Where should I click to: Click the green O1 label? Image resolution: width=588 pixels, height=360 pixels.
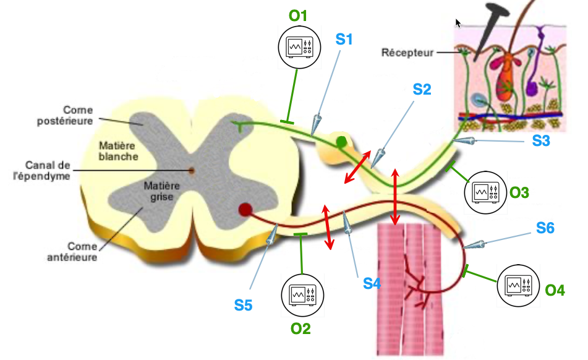[299, 15]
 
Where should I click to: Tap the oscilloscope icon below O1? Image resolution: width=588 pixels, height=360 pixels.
[299, 47]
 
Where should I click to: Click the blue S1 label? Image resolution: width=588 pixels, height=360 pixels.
[344, 40]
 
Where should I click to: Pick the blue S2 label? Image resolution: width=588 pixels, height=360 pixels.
[422, 89]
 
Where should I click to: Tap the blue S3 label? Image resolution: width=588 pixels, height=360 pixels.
[542, 140]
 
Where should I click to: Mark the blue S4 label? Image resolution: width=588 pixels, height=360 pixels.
[372, 283]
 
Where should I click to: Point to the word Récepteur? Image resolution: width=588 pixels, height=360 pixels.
[407, 53]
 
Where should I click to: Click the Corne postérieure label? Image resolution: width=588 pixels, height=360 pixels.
[69, 116]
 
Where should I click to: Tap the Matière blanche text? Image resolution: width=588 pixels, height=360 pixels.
[118, 151]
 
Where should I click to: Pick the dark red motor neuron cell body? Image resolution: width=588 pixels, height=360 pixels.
[245, 210]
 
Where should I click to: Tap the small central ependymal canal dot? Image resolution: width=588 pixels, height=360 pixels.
[192, 170]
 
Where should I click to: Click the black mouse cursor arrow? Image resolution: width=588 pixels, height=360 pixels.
[458, 23]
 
